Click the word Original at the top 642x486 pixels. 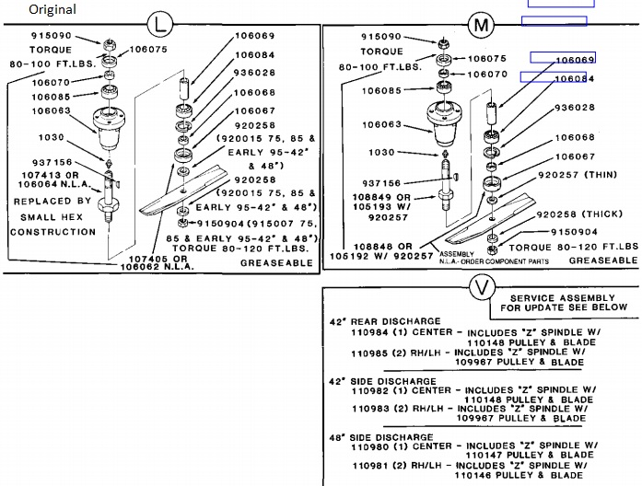(x=52, y=9)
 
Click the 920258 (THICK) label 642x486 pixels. (x=585, y=213)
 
